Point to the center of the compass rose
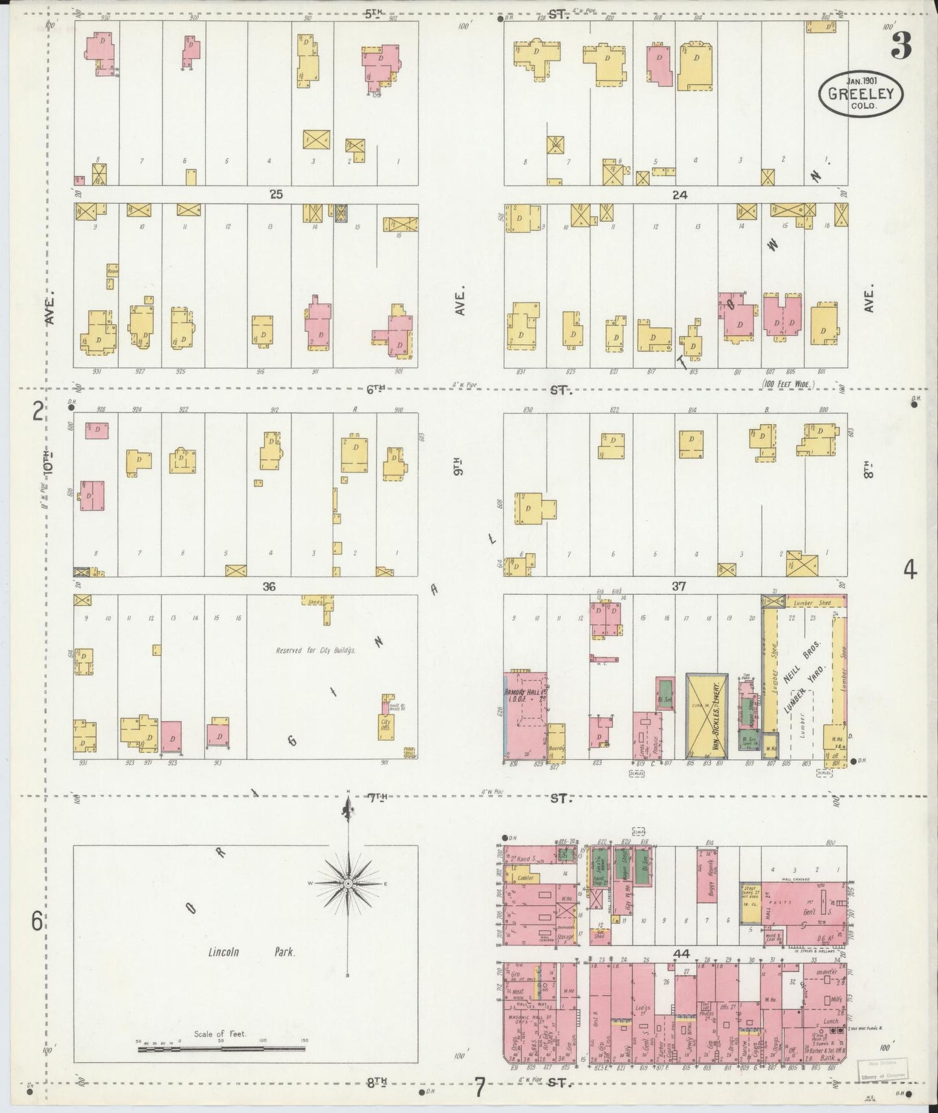pyautogui.click(x=349, y=884)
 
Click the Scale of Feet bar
pyautogui.click(x=221, y=1048)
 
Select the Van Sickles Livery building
pyautogui.click(x=707, y=716)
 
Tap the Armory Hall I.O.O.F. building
pyautogui.click(x=525, y=714)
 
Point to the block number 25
pyautogui.click(x=277, y=194)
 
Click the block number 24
pyautogui.click(x=680, y=194)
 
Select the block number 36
pyautogui.click(x=269, y=586)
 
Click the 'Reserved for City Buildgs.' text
pyautogui.click(x=315, y=650)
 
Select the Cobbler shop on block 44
pyautogui.click(x=525, y=877)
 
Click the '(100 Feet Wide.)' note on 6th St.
pyautogui.click(x=787, y=385)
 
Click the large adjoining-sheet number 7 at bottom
pyautogui.click(x=479, y=1087)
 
